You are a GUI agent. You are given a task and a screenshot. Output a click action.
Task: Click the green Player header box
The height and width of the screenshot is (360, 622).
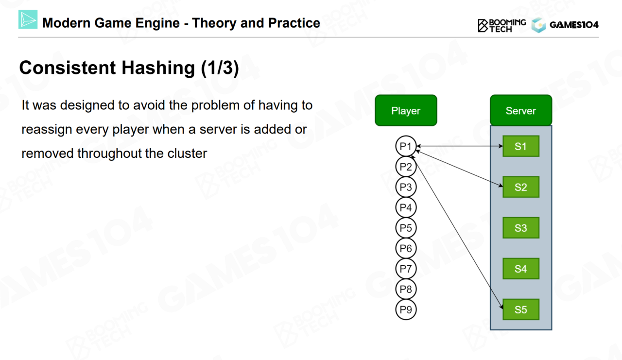(x=406, y=111)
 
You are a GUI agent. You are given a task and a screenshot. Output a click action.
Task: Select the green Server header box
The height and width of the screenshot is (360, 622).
(x=520, y=111)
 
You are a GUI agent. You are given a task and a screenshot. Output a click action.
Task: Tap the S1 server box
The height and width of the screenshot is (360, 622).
(x=520, y=146)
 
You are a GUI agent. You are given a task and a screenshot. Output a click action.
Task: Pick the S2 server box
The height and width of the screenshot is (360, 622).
(x=520, y=187)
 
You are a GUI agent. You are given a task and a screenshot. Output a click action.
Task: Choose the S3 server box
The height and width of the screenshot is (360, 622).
(x=520, y=228)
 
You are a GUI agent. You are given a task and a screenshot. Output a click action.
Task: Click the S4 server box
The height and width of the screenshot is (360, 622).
(x=520, y=269)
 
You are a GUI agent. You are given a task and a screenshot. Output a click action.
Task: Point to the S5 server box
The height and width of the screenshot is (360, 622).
(x=520, y=309)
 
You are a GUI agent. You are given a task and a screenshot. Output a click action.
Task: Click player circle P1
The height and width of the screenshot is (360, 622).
(x=406, y=146)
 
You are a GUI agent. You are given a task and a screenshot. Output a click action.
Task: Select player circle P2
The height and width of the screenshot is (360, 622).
(x=406, y=167)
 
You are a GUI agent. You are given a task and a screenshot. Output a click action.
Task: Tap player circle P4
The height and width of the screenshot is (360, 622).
(x=406, y=207)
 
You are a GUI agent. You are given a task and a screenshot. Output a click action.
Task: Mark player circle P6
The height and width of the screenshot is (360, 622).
(x=406, y=248)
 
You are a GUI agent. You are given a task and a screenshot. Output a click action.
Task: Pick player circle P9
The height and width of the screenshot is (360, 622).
(x=406, y=309)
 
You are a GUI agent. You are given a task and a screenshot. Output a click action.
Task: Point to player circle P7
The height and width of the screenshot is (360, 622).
(x=406, y=269)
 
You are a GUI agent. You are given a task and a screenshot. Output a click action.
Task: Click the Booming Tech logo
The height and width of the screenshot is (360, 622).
(x=501, y=25)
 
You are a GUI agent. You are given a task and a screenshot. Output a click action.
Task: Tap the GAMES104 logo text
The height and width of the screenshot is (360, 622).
(x=574, y=25)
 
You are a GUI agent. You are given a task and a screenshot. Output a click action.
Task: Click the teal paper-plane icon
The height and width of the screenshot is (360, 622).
(x=28, y=20)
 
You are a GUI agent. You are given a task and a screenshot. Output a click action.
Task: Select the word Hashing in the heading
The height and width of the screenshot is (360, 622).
(x=158, y=68)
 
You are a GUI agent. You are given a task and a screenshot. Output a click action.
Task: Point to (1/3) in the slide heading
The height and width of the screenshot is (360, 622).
(x=220, y=68)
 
